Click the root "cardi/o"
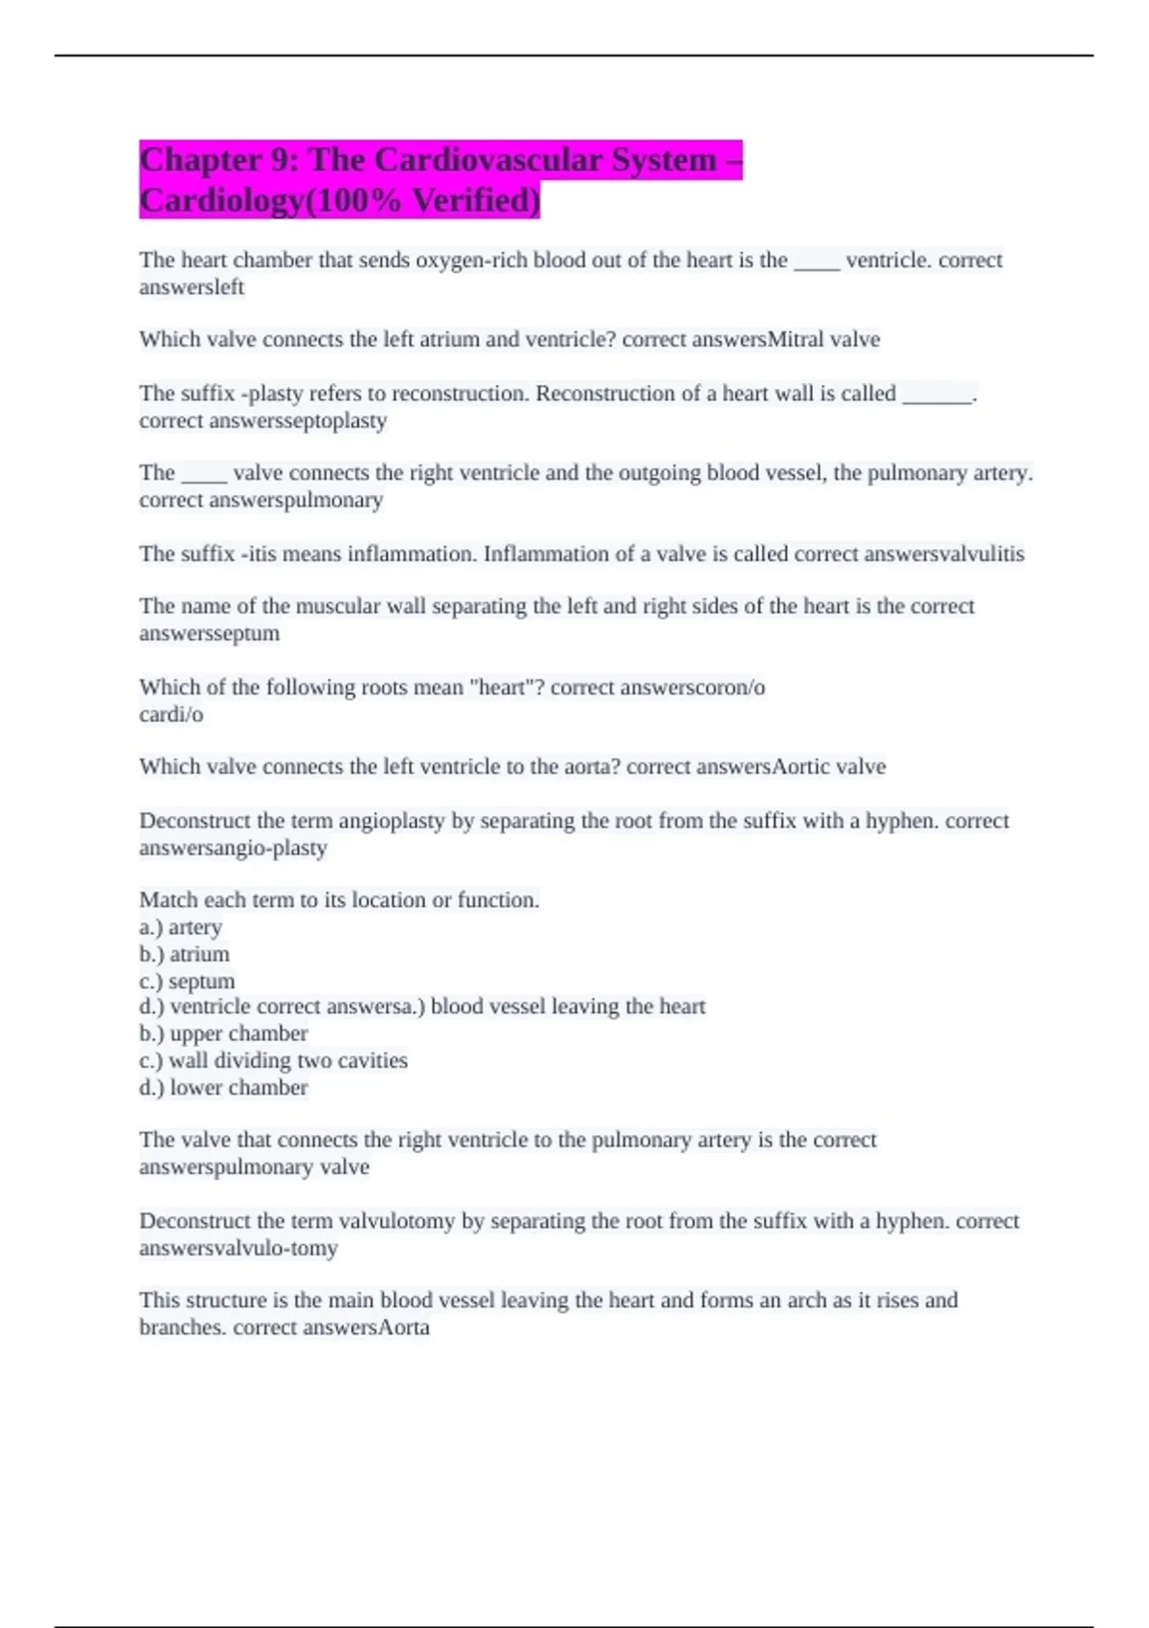click(x=171, y=714)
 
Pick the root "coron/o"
click(x=720, y=688)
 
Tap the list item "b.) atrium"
click(x=185, y=955)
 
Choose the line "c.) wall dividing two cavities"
click(x=274, y=1061)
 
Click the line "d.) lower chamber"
click(x=224, y=1088)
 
